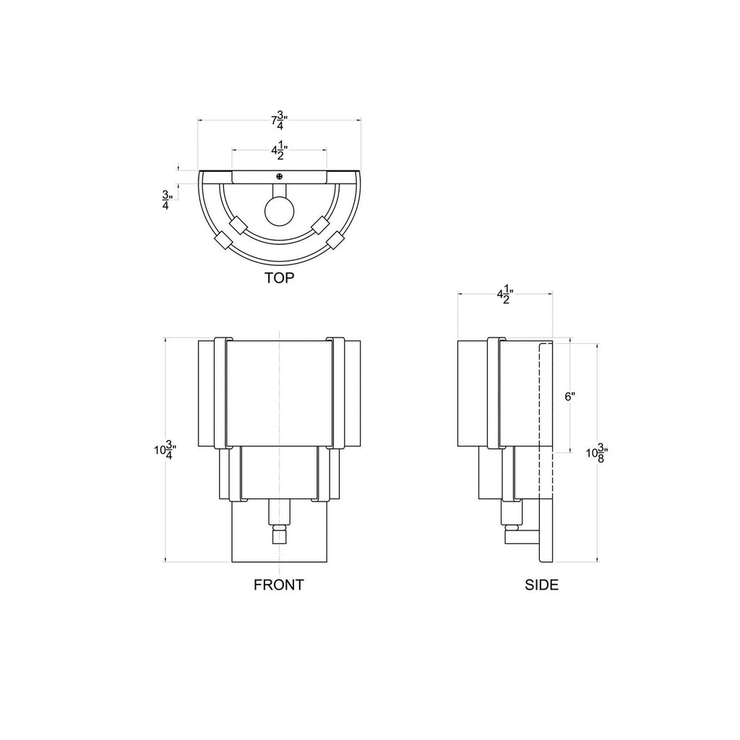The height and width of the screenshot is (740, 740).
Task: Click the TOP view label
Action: click(x=279, y=278)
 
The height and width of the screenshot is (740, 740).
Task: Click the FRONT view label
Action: click(x=278, y=585)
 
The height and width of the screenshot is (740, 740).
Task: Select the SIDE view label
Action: click(x=541, y=585)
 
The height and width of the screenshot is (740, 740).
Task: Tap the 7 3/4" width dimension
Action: click(x=280, y=120)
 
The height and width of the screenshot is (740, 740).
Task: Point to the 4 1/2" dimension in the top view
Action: click(x=280, y=150)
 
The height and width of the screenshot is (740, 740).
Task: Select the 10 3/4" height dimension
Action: click(x=165, y=449)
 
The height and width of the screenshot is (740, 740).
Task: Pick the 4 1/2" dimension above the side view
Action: click(x=505, y=294)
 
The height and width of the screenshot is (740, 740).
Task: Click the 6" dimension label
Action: click(x=569, y=397)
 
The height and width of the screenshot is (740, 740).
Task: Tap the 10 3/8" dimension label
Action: click(x=596, y=453)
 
